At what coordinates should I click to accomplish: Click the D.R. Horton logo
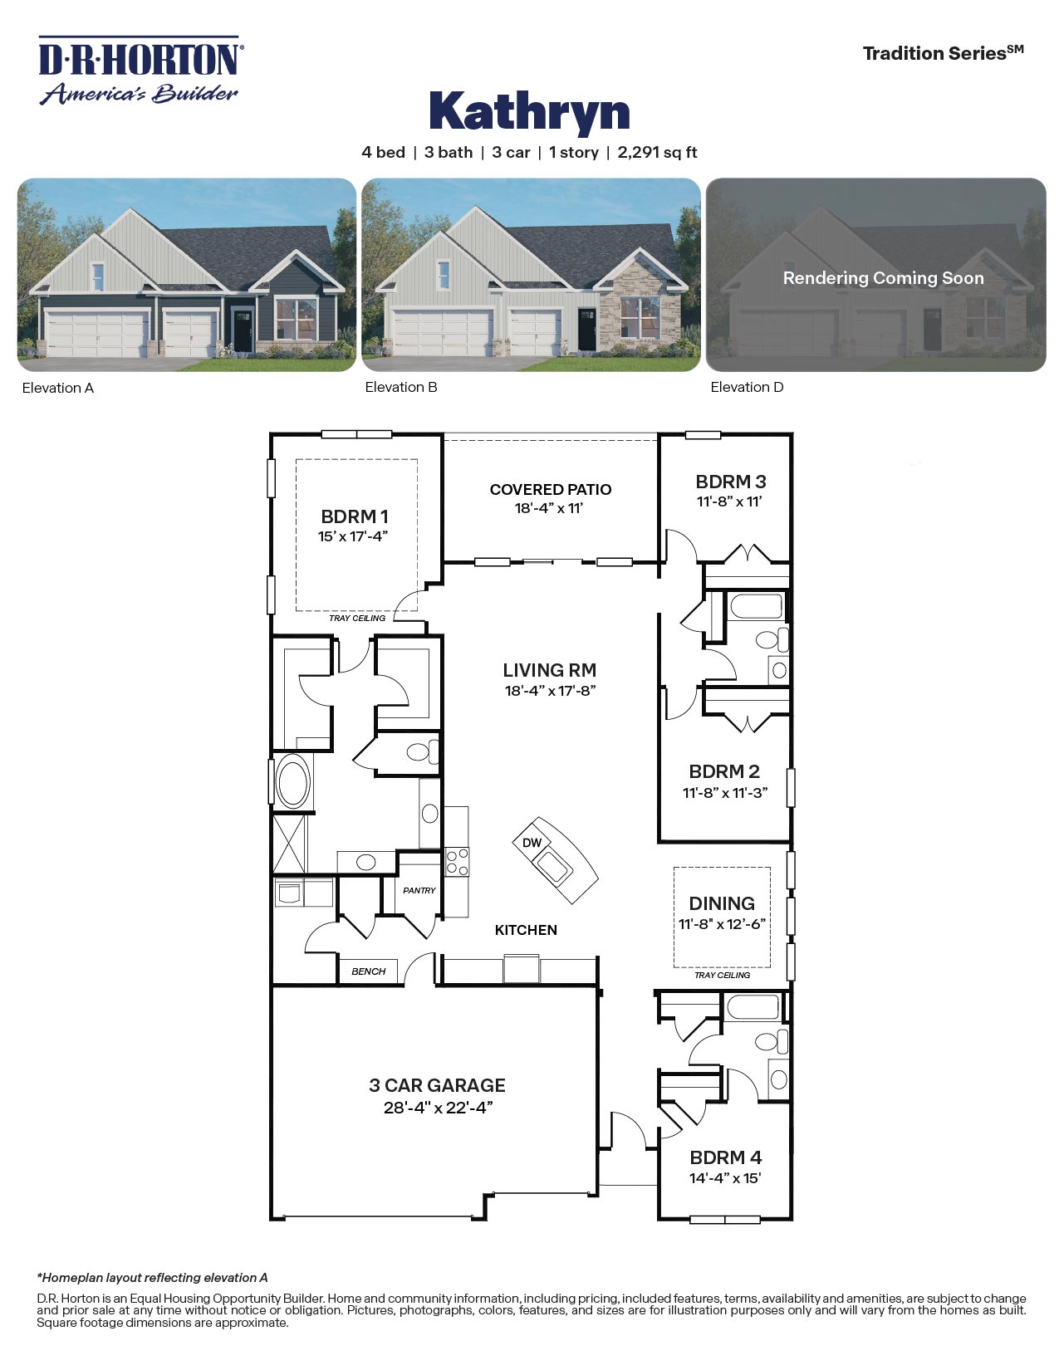[140, 71]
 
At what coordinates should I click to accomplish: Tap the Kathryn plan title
[529, 111]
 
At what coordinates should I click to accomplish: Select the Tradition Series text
[943, 53]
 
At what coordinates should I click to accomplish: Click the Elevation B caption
[401, 387]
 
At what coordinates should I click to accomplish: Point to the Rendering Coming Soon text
[883, 278]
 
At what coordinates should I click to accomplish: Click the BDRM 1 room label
[355, 516]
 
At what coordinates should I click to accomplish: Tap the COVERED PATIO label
[551, 490]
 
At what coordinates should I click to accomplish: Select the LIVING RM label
[550, 670]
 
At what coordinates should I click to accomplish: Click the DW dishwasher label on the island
[532, 843]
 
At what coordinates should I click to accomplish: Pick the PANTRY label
[419, 890]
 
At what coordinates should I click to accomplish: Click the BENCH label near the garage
[368, 971]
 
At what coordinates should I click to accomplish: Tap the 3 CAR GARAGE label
[437, 1085]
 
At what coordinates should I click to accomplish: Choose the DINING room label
[722, 903]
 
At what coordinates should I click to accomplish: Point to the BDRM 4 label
[726, 1157]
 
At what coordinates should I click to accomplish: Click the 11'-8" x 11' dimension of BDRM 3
[729, 502]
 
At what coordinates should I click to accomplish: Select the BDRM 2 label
[724, 771]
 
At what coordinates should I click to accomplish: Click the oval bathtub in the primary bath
[292, 780]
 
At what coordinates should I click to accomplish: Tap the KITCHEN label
[526, 930]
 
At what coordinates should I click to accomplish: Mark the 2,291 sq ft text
[657, 153]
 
